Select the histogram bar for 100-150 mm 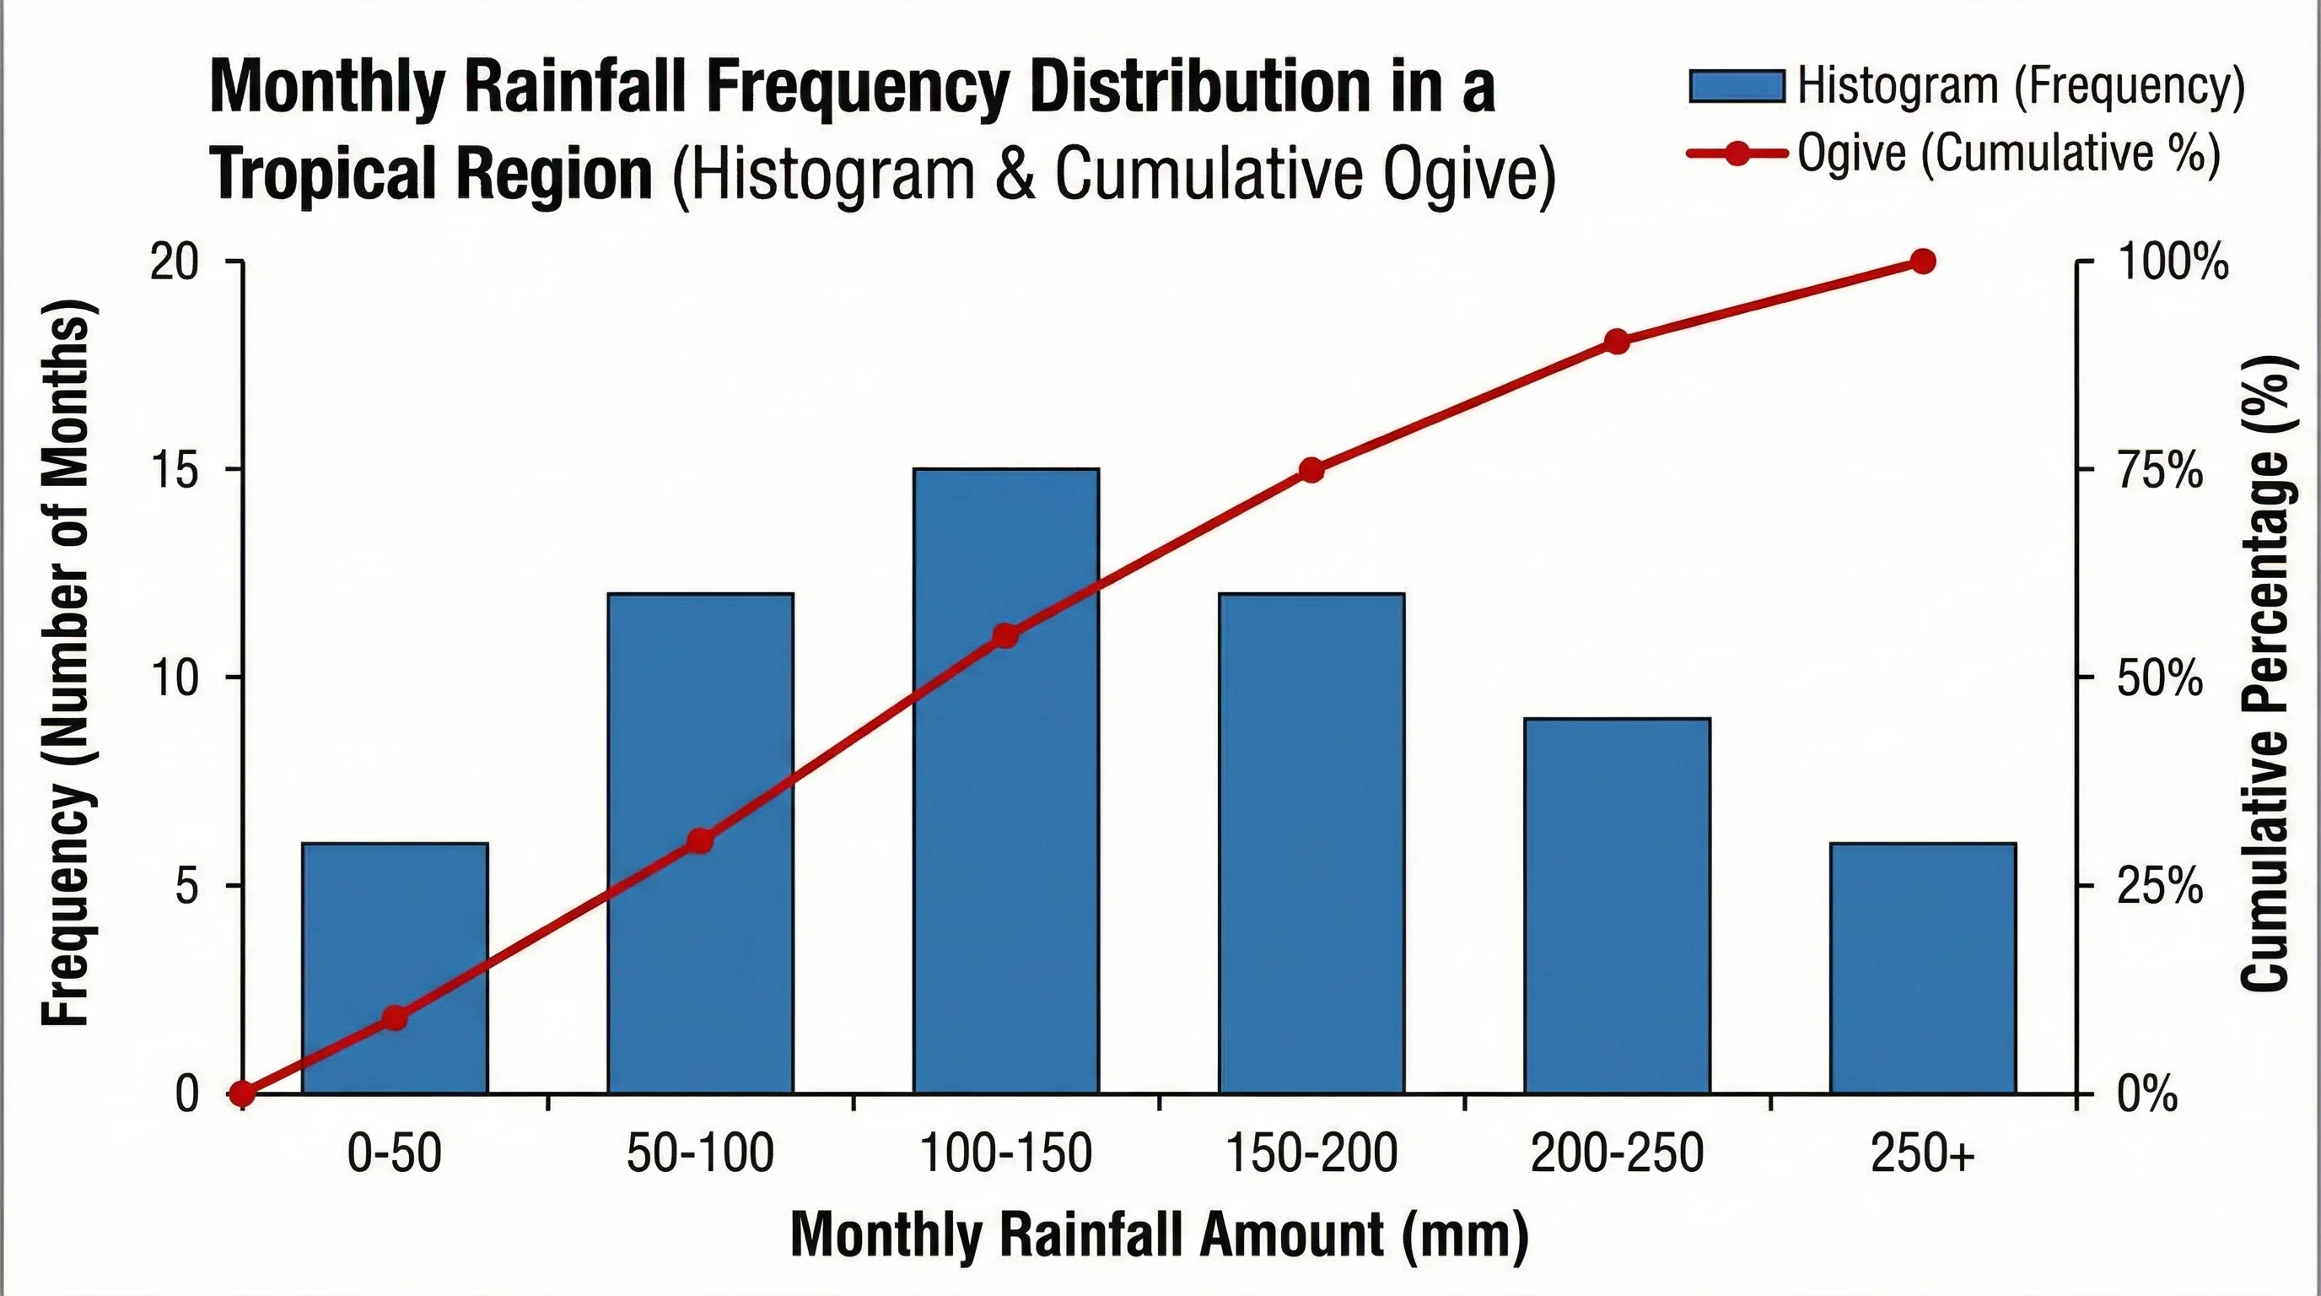point(1005,811)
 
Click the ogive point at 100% point(1923,262)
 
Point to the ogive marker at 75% point(1311,471)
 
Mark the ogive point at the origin point(241,1094)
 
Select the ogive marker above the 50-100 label point(700,842)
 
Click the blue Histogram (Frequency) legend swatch point(1737,87)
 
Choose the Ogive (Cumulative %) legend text point(2008,154)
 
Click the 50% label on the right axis point(2160,678)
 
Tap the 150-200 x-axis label point(1311,1153)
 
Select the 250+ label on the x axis point(1923,1153)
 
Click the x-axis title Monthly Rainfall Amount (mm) point(1160,1234)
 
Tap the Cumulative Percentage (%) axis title point(2267,672)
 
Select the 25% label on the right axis point(2160,888)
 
